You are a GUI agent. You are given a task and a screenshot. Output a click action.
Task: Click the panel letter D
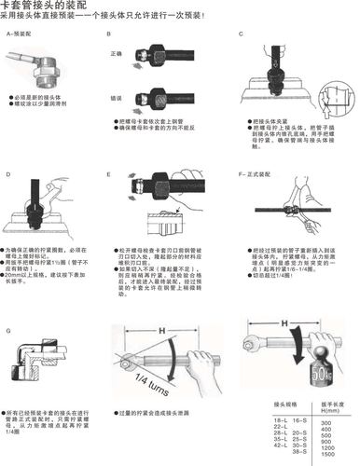tap(7, 174)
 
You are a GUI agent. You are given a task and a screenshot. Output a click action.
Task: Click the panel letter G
tap(7, 330)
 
